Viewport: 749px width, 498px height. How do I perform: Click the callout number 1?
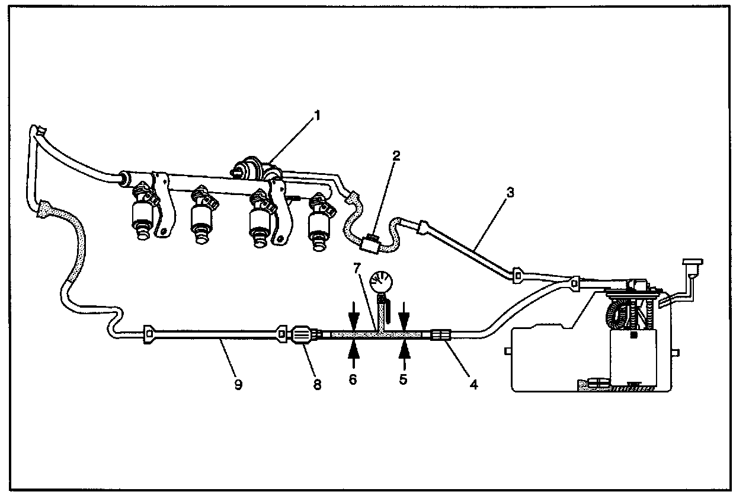coord(317,116)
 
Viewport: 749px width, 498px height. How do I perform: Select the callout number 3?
coord(510,193)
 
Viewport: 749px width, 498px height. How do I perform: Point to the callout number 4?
coord(473,384)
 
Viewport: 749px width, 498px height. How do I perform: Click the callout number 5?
coord(404,379)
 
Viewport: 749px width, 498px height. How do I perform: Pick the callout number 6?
coord(353,379)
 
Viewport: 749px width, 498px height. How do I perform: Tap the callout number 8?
coord(317,385)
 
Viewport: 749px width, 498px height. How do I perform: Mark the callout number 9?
coord(238,384)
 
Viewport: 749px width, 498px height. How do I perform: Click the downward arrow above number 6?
coord(353,314)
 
